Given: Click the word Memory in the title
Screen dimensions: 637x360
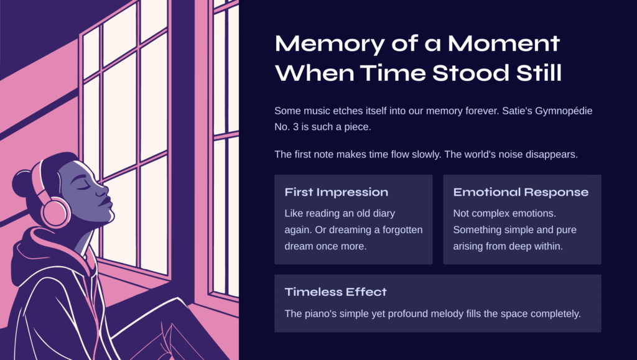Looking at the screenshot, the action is (x=330, y=44).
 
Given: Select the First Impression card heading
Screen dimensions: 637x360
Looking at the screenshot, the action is (x=337, y=192).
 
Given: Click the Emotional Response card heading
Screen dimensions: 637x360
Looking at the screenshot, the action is (x=521, y=192).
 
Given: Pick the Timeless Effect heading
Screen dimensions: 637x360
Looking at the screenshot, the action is (x=335, y=292).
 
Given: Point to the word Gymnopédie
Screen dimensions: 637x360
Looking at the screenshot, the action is (x=564, y=111).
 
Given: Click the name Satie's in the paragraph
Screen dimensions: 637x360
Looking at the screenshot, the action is (x=517, y=111).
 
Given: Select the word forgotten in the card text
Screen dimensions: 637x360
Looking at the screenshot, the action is (x=402, y=230).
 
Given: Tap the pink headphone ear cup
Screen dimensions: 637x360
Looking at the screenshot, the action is (x=55, y=213).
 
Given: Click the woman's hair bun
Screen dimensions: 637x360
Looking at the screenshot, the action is (x=22, y=183).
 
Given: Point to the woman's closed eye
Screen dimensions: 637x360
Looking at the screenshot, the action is (x=84, y=187).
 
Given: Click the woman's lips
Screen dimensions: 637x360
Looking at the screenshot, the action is (x=105, y=201).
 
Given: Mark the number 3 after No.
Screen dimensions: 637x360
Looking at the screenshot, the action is (x=295, y=127).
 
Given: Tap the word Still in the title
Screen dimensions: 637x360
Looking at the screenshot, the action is (x=539, y=73).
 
